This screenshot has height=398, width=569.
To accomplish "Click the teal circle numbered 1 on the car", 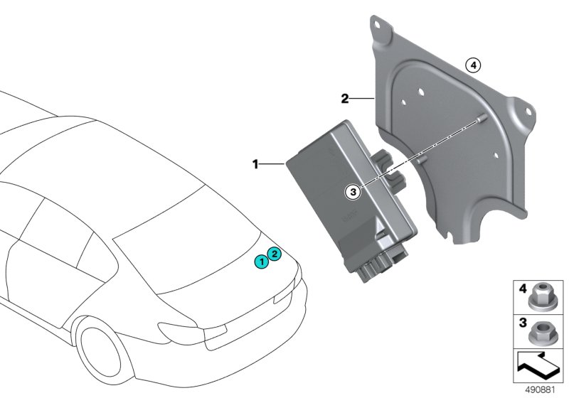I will tap(262, 262).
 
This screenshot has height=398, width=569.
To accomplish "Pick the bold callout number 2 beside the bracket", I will tap(344, 99).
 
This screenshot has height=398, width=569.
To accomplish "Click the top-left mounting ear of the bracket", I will tap(382, 28).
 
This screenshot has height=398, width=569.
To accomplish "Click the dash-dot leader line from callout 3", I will tap(420, 150).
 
